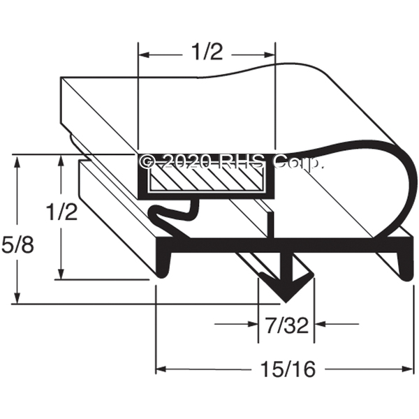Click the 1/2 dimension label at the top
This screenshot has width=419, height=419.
[x=207, y=52]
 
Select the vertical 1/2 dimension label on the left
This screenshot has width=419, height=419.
[x=61, y=212]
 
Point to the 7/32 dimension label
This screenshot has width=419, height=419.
[x=287, y=325]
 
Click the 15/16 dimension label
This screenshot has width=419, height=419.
[x=288, y=369]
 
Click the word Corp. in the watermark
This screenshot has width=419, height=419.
[x=297, y=163]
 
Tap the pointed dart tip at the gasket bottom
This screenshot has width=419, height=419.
[x=286, y=302]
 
